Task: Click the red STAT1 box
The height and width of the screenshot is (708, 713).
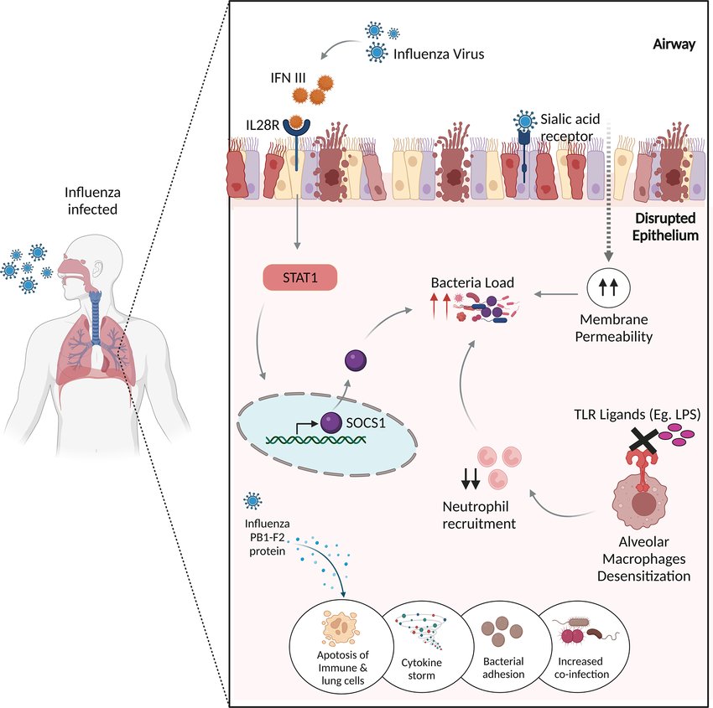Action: pyautogui.click(x=300, y=277)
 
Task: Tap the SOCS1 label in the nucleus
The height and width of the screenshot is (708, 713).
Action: pyautogui.click(x=366, y=423)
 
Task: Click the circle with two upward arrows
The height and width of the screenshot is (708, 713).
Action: pyautogui.click(x=608, y=287)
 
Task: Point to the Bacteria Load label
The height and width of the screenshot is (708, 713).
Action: pyautogui.click(x=472, y=282)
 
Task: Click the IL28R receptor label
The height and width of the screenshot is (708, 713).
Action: pyautogui.click(x=263, y=125)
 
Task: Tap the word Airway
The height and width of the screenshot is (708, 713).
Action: pyautogui.click(x=674, y=44)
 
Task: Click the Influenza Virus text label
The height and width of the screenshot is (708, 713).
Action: pyautogui.click(x=439, y=54)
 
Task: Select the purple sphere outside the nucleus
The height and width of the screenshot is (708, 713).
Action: pyautogui.click(x=356, y=360)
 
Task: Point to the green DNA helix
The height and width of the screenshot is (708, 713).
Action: pyautogui.click(x=316, y=439)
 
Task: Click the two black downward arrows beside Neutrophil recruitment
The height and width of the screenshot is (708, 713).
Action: pyautogui.click(x=471, y=478)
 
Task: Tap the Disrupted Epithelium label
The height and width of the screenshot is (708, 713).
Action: pyautogui.click(x=665, y=226)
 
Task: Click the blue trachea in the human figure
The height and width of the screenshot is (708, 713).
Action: pyautogui.click(x=95, y=318)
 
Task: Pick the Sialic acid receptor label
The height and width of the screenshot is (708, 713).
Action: pyautogui.click(x=570, y=127)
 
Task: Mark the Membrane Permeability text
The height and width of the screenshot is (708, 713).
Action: pyautogui.click(x=614, y=328)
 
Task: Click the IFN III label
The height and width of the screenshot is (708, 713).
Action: pyautogui.click(x=288, y=78)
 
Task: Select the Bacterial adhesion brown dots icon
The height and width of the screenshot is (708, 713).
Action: pyautogui.click(x=502, y=631)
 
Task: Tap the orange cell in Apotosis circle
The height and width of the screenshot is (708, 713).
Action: pyautogui.click(x=340, y=628)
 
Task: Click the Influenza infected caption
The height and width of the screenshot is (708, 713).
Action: pyautogui.click(x=92, y=201)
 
